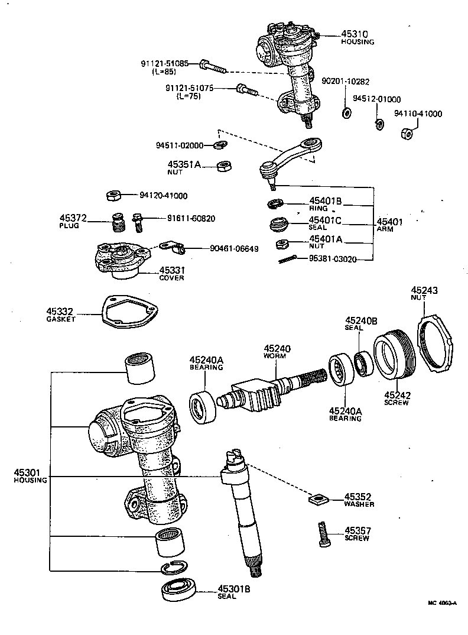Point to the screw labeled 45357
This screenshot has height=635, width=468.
point(322,533)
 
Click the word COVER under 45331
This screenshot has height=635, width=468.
point(171,278)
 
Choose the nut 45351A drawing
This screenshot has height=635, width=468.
point(223,167)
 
